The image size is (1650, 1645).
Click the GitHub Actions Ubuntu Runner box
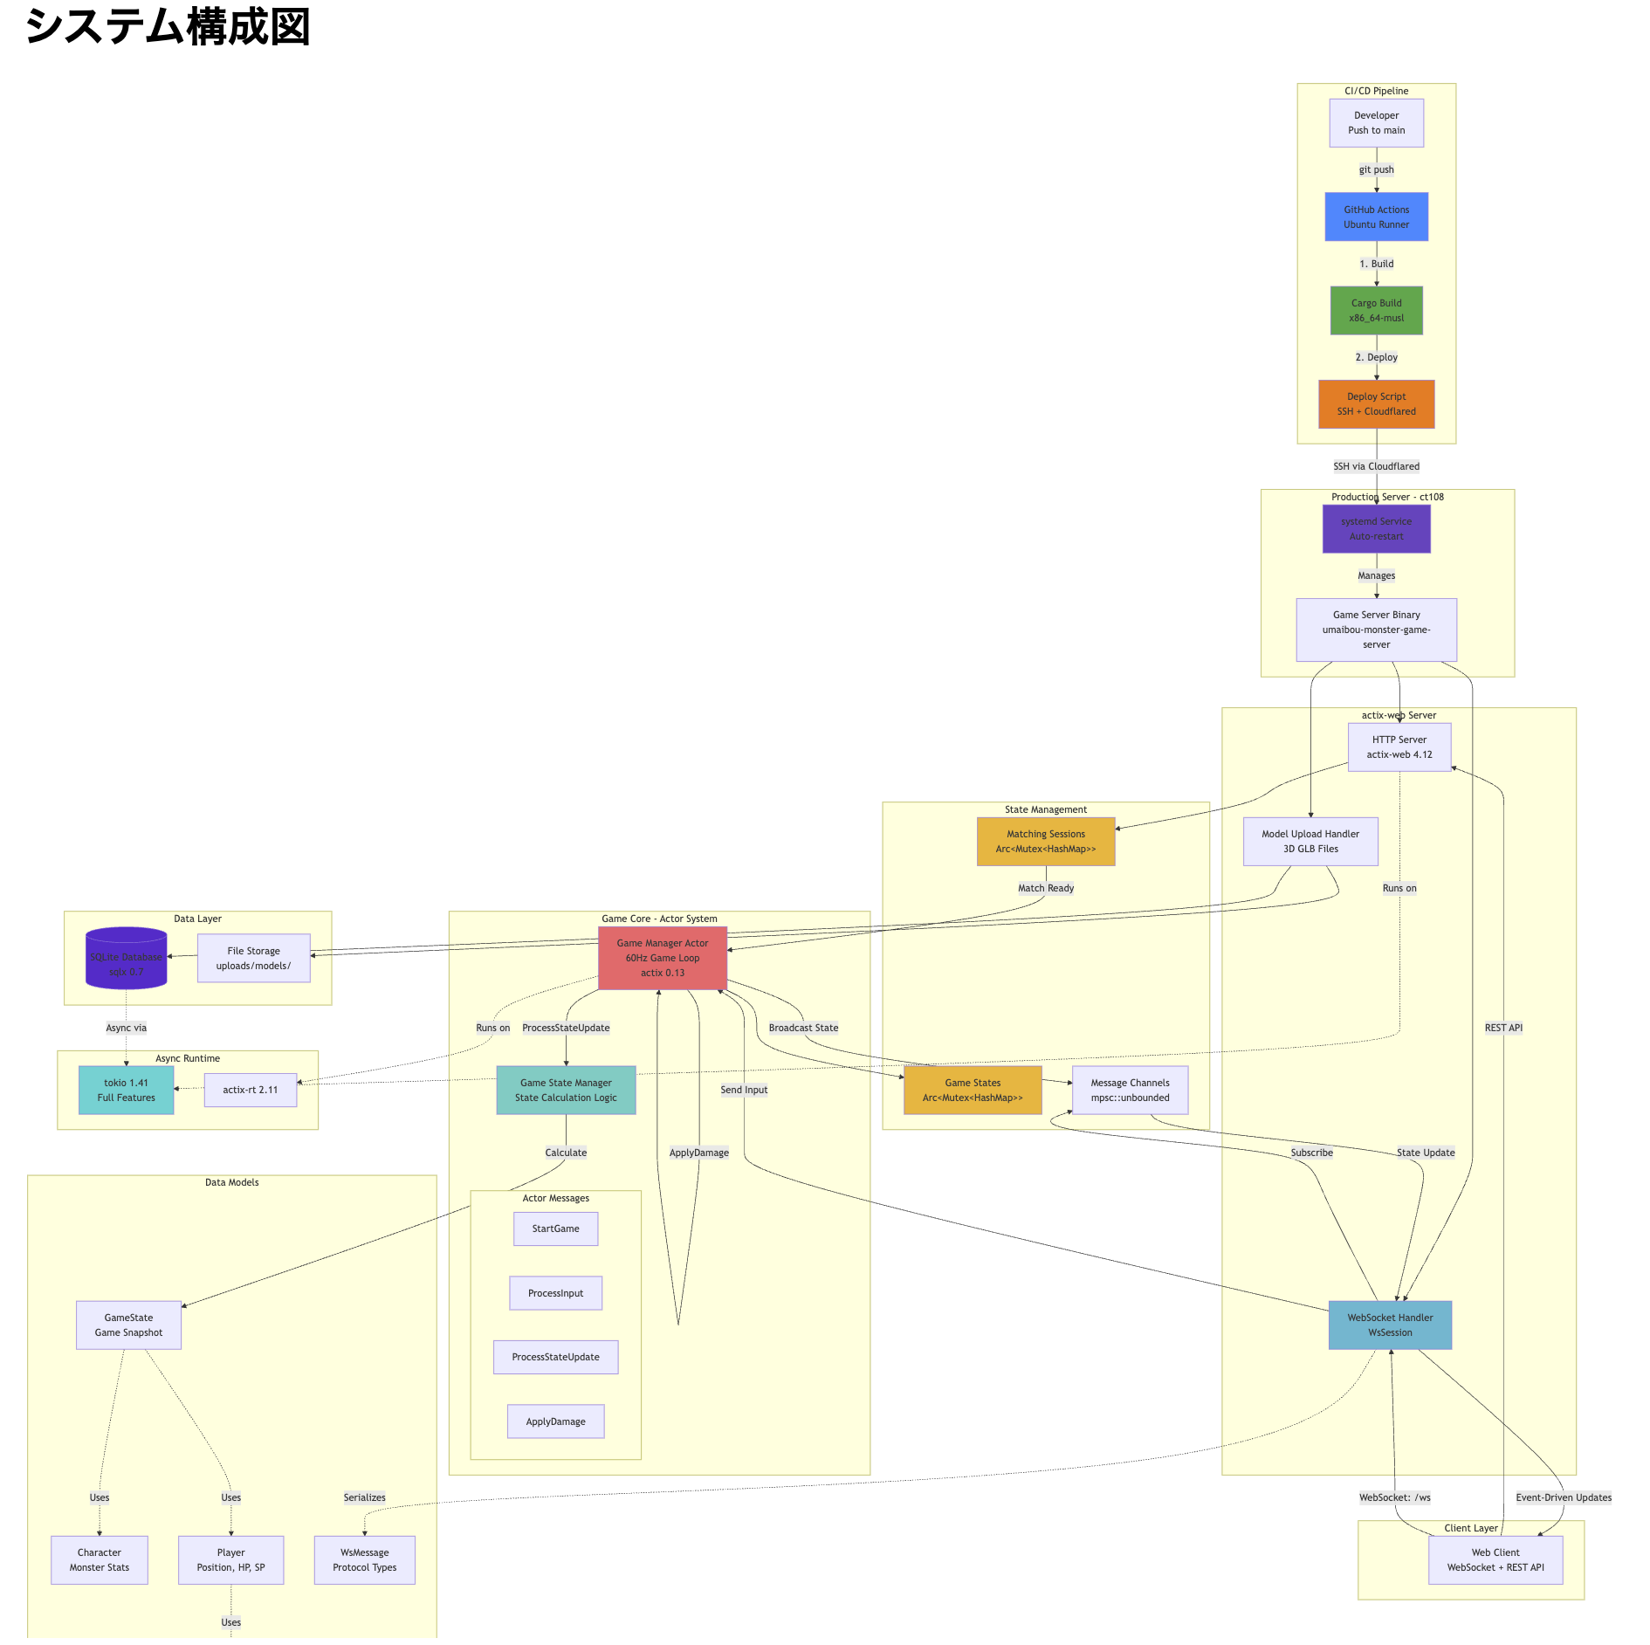[1376, 217]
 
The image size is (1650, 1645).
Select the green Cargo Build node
[1376, 310]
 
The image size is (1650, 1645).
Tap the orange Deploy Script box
[1376, 403]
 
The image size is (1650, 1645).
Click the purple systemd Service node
[1376, 528]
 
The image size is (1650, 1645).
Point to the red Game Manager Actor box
[662, 957]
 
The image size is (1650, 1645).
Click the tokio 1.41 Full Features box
[126, 1090]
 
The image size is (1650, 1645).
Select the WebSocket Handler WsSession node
[1389, 1325]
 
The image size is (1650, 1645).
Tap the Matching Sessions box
[1045, 841]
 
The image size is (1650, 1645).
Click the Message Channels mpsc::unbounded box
[1129, 1090]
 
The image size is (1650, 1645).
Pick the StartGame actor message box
[555, 1229]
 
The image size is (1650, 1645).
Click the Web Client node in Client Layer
[1495, 1559]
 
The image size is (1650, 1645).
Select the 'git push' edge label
[1376, 169]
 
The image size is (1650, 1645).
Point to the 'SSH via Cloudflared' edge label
[1376, 466]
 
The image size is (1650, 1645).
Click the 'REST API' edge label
[1502, 1028]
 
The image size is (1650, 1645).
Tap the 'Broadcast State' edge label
[803, 1028]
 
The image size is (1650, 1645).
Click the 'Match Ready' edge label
[1045, 888]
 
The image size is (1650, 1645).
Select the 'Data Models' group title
[231, 1182]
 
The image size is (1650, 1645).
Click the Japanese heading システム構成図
[168, 26]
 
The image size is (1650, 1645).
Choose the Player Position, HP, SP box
[230, 1559]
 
